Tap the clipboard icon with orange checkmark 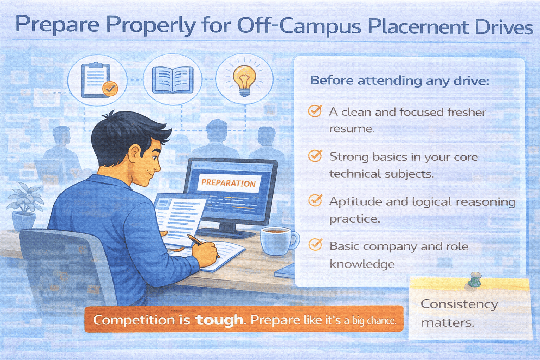tap(99, 80)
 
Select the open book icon tap(173, 80)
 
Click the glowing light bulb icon tap(244, 79)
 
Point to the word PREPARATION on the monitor tap(228, 183)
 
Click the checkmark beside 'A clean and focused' tap(315, 111)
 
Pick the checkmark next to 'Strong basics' tap(315, 156)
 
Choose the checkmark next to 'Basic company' tap(315, 245)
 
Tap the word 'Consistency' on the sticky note tap(459, 304)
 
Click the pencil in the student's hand tap(196, 240)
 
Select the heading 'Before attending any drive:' tap(400, 81)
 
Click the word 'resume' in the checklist tap(351, 129)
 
